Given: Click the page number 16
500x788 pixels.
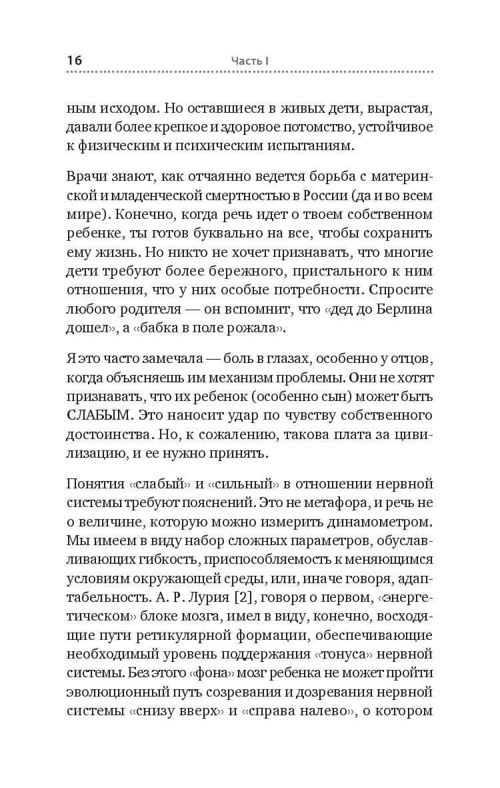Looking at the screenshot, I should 74,61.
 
